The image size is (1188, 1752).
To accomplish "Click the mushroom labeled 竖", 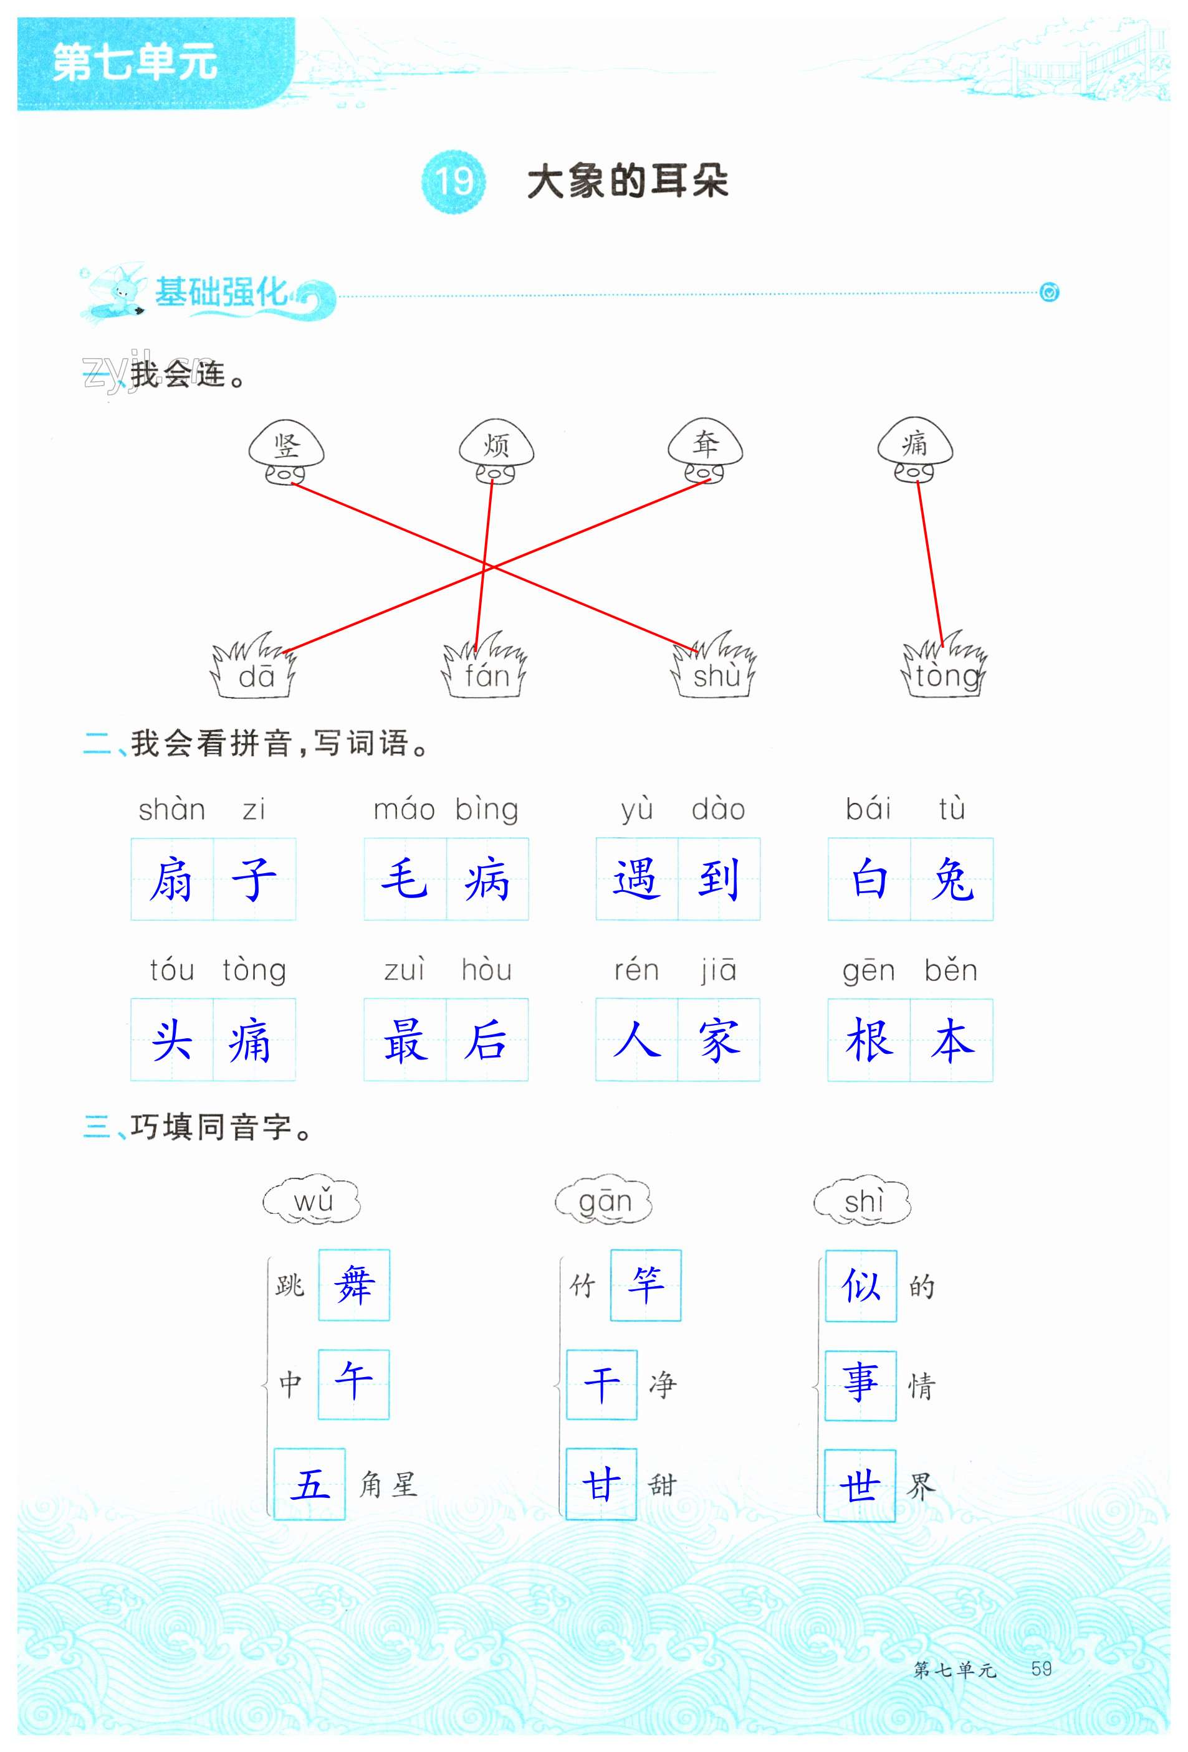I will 287,451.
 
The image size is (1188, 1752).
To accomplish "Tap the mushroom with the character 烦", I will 496,451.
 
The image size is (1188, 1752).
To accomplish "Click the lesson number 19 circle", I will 453,182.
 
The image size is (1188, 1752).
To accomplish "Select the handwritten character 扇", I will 172,879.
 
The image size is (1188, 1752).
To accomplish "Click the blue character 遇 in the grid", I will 636,879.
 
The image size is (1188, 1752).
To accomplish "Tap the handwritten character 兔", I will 952,879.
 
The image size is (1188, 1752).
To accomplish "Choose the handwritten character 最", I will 405,1040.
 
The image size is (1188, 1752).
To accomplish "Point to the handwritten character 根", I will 869,1040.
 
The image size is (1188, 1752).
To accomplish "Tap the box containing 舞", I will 354,1286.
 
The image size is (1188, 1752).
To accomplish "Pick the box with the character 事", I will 860,1386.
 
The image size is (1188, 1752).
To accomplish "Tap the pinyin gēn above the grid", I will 868,971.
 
